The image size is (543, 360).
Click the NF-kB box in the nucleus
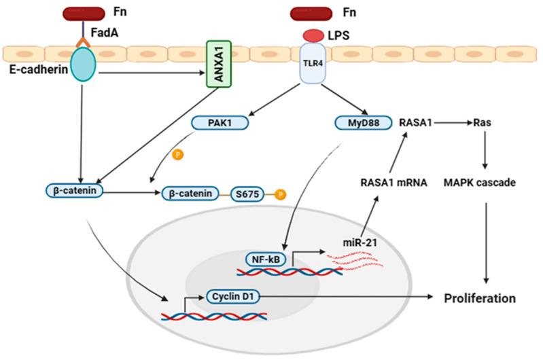(266, 259)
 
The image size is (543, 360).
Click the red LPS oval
(312, 34)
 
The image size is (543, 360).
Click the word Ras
(485, 124)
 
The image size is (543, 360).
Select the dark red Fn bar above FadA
(81, 12)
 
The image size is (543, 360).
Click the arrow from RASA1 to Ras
(453, 124)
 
